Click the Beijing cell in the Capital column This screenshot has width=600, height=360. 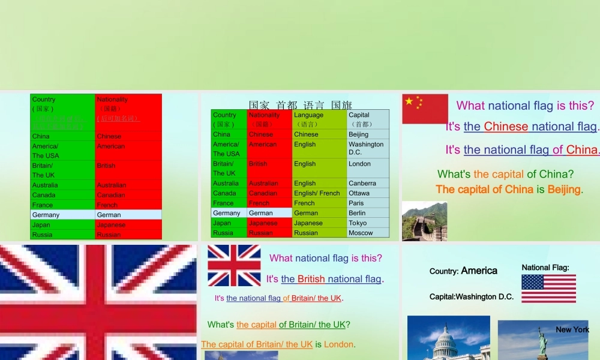pyautogui.click(x=367, y=134)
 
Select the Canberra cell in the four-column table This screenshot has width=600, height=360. pyautogui.click(x=367, y=183)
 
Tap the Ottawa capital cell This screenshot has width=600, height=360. pyautogui.click(x=367, y=193)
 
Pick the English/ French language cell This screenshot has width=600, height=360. pyautogui.click(x=319, y=193)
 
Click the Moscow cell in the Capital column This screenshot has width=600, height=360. pyautogui.click(x=367, y=233)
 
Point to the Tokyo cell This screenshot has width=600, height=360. pyautogui.click(x=367, y=223)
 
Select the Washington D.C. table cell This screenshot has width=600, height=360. pyautogui.click(x=367, y=148)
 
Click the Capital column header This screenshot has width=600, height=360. pyautogui.click(x=367, y=119)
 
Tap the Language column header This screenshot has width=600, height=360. pyautogui.click(x=319, y=119)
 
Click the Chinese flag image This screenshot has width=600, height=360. pyautogui.click(x=425, y=109)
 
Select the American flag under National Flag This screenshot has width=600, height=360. pyautogui.click(x=548, y=289)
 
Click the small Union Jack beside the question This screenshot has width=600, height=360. pyautogui.click(x=234, y=265)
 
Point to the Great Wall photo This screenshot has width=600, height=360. pyautogui.click(x=424, y=221)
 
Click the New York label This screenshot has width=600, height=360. pyautogui.click(x=572, y=329)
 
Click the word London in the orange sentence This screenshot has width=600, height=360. pyautogui.click(x=338, y=344)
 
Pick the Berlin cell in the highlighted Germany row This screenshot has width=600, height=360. pyautogui.click(x=367, y=213)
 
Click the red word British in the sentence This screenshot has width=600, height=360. pyautogui.click(x=311, y=279)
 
